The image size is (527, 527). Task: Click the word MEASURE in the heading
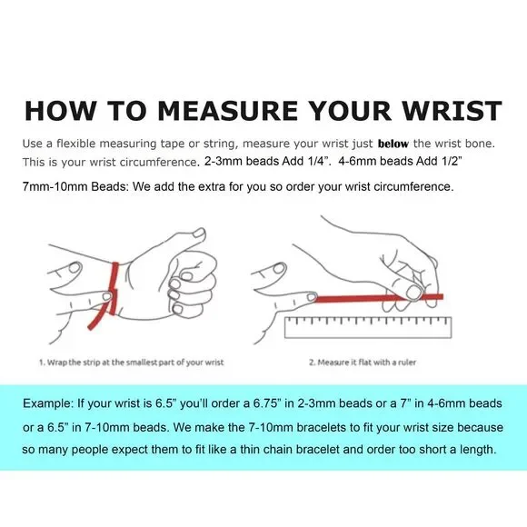[x=227, y=110]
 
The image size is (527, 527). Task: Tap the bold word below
[x=393, y=144]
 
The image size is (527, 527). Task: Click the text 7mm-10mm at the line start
[x=55, y=186]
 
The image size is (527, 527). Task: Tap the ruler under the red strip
[x=368, y=327]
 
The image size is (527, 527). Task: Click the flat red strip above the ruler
[x=378, y=298]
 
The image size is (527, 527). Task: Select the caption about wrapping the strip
[x=132, y=363]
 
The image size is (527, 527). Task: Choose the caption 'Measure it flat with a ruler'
[x=363, y=363]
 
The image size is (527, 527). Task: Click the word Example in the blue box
[x=48, y=403]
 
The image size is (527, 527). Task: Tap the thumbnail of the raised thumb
[x=199, y=233]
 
